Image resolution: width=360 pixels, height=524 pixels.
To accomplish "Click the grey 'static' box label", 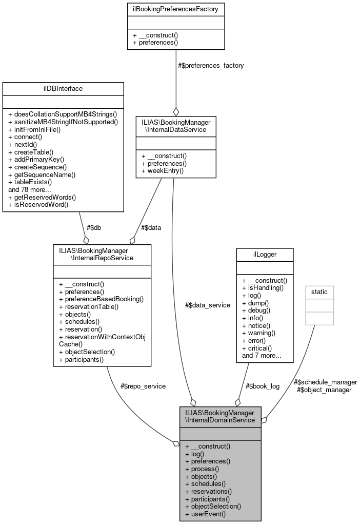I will point(319,292).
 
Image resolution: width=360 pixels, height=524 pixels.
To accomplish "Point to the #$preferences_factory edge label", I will point(210,65).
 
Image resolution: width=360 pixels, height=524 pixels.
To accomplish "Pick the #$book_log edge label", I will point(262,386).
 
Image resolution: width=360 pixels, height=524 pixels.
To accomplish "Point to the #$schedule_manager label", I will point(325,382).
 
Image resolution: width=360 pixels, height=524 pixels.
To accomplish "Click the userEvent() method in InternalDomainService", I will point(205,513).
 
